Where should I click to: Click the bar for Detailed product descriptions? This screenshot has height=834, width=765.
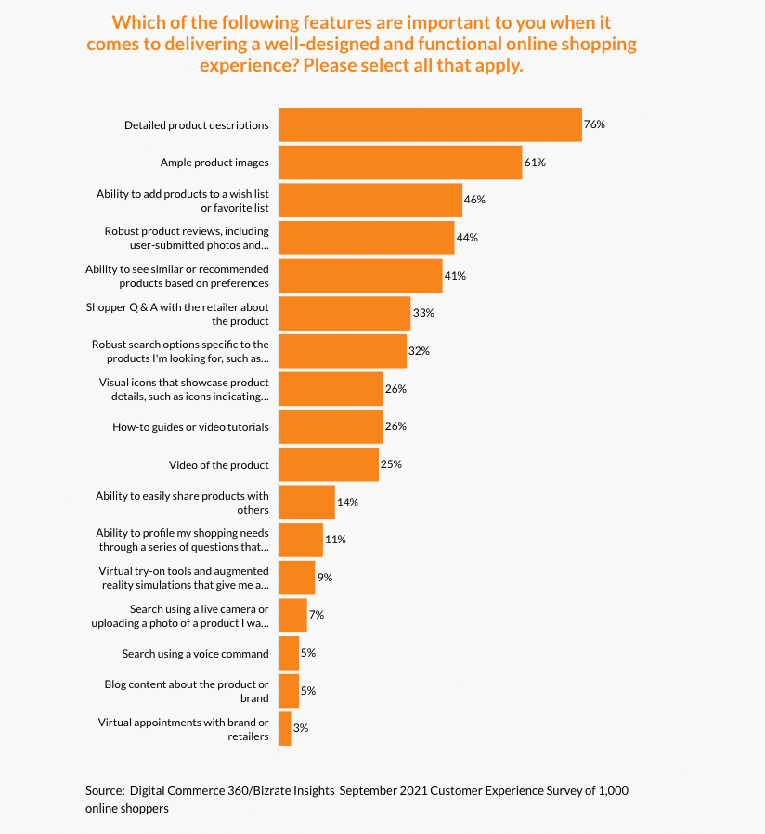430,124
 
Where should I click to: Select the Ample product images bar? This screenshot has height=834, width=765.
400,163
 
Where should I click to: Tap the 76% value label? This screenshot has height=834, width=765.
594,124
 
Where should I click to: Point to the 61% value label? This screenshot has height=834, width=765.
535,163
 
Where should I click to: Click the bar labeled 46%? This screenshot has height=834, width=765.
370,200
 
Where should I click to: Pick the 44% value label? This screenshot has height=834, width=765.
467,238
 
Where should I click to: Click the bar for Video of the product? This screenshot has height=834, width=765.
329,464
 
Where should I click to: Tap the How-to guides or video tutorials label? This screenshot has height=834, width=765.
191,427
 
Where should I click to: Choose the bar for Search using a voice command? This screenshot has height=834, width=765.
289,654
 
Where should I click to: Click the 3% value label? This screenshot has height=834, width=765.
301,729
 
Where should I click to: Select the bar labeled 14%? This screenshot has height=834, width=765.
306,502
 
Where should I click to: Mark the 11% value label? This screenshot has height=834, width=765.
336,540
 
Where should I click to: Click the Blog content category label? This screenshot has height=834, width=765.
187,691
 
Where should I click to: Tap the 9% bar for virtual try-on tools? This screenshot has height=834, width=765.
297,578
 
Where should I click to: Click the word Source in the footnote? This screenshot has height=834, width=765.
105,790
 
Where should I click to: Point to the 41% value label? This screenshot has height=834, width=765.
455,276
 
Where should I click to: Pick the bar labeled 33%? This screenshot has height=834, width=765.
344,314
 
